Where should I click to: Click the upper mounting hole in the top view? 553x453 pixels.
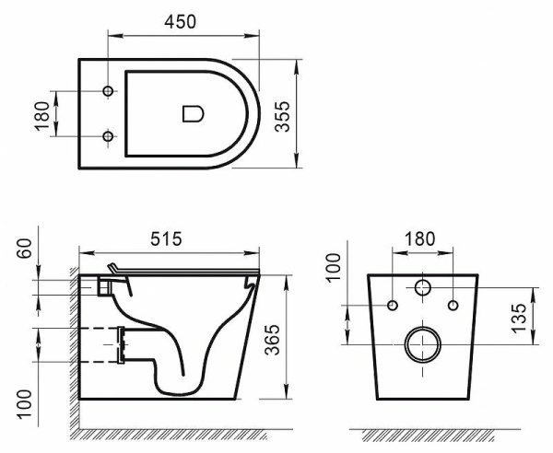[109, 92]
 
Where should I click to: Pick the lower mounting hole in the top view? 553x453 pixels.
[109, 137]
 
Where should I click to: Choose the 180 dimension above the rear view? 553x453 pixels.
[420, 238]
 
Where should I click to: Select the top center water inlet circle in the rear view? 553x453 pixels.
[423, 286]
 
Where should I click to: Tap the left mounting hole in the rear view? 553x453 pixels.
[394, 305]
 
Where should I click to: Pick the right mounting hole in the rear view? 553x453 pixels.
[453, 305]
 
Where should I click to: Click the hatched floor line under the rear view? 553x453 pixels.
[424, 434]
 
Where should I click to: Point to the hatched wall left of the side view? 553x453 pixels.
[73, 350]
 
